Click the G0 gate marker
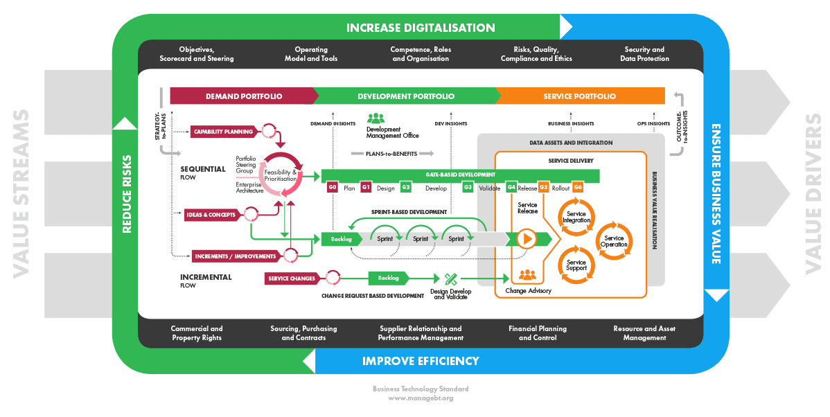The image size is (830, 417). tap(333, 188)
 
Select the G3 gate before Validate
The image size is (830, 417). tap(468, 188)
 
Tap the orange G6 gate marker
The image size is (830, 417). tap(578, 188)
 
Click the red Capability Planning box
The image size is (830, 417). tap(223, 132)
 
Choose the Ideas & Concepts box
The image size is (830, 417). tap(211, 215)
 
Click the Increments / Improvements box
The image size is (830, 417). tap(236, 256)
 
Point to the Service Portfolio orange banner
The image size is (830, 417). tap(579, 96)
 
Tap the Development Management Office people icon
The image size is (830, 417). tap(376, 118)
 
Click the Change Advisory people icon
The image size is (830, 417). tap(527, 275)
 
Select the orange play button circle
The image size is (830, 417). tap(527, 239)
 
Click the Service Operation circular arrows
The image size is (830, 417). tap(613, 241)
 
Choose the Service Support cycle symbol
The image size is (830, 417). tap(576, 265)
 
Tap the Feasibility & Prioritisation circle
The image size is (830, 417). tap(280, 172)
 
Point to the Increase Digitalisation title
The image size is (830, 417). tap(421, 28)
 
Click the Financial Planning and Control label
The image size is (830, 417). tap(538, 333)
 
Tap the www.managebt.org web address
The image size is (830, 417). tap(421, 398)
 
